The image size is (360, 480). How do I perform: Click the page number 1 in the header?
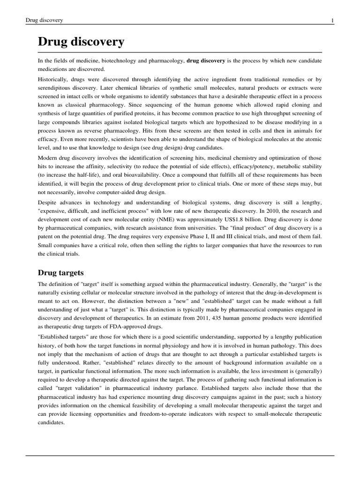[x=332, y=20]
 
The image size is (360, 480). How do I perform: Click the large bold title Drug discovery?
[x=81, y=42]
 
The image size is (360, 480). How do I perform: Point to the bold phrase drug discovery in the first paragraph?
[x=206, y=60]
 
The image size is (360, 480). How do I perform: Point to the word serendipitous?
[x=59, y=88]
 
